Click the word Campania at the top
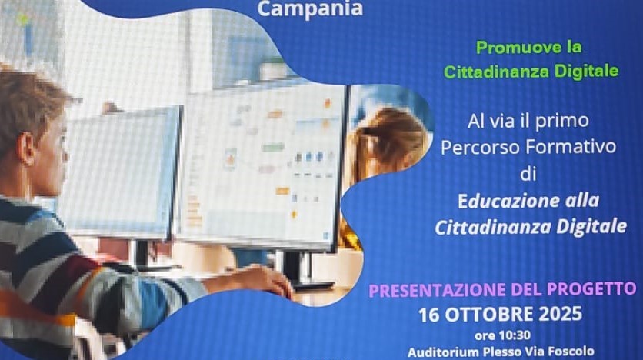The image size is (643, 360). (x=310, y=9)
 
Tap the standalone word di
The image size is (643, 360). (x=528, y=173)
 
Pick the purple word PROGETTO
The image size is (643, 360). (x=591, y=288)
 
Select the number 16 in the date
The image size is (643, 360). (x=429, y=315)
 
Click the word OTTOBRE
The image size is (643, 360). (x=489, y=315)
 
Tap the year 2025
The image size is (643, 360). (x=560, y=314)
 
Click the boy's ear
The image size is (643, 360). (x=28, y=149)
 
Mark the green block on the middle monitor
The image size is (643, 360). (x=273, y=147)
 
